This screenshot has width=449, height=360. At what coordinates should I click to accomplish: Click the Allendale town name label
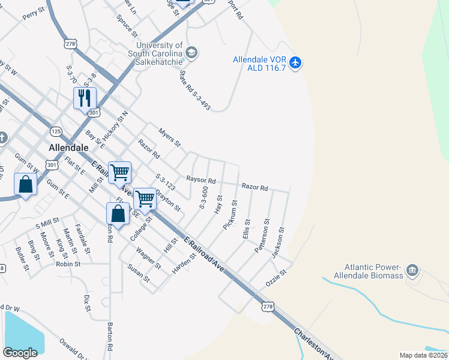[x=68, y=147]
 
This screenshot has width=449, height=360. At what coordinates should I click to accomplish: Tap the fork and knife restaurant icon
[x=85, y=98]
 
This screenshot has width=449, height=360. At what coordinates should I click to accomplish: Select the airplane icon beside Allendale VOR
[x=295, y=62]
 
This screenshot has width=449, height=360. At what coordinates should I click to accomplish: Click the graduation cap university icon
[x=191, y=53]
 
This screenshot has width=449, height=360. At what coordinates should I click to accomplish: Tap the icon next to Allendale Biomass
[x=412, y=271]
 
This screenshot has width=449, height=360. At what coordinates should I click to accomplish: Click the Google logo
[x=20, y=352]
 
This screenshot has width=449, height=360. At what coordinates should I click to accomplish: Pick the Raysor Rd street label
[x=200, y=179]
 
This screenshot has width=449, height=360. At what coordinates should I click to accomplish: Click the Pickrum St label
[x=230, y=215]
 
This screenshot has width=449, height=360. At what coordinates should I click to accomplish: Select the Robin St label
[x=68, y=263]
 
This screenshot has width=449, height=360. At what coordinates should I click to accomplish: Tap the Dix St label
[x=87, y=303]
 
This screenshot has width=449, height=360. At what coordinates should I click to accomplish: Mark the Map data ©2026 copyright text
[x=423, y=355]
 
